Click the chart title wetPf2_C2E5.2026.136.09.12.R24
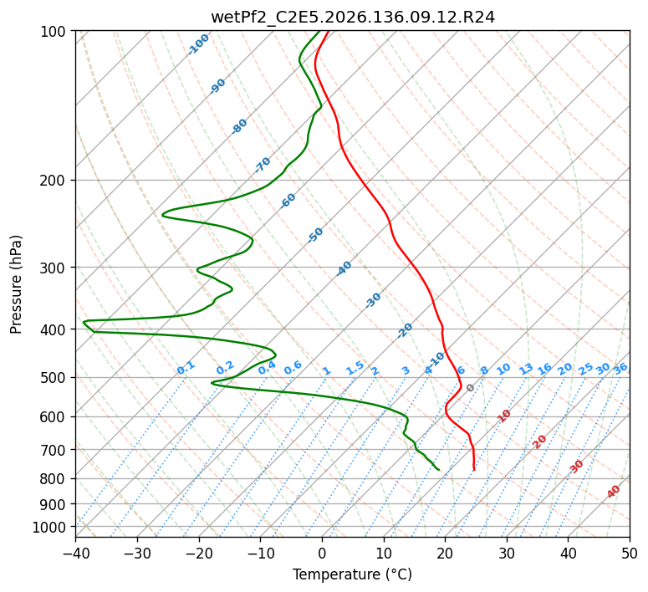[x=353, y=17]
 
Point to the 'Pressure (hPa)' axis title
[x=16, y=284]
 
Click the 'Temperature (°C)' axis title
[x=353, y=574]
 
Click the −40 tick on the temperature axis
[x=75, y=553]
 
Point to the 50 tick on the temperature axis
[x=630, y=553]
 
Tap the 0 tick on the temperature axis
[x=323, y=553]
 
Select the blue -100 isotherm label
[x=198, y=44]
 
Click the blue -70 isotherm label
[x=262, y=165]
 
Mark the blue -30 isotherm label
[x=373, y=300]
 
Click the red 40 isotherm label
[x=614, y=492]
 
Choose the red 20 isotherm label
[x=539, y=442]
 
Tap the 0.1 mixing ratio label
[x=186, y=368]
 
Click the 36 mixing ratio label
[x=620, y=369]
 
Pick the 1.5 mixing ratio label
[x=355, y=368]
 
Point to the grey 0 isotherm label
[x=470, y=388]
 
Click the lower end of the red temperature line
[x=474, y=470]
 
